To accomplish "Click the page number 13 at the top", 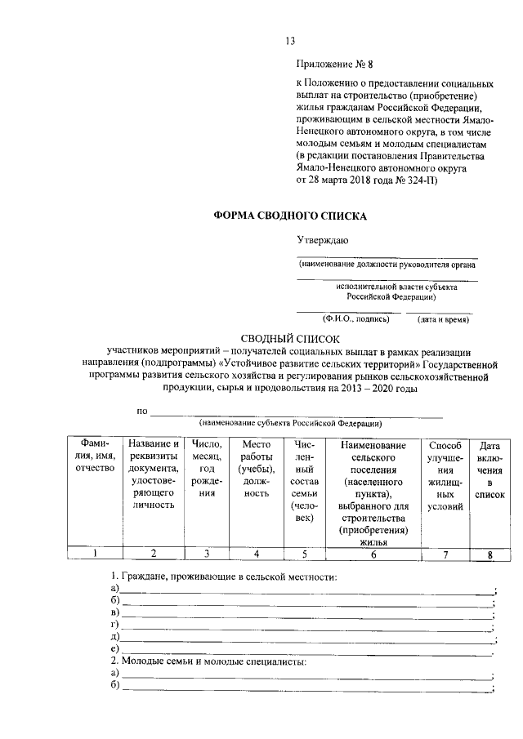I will click(289, 41).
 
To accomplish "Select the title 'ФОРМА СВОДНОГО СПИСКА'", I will click(290, 216).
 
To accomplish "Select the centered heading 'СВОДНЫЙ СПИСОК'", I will click(290, 338).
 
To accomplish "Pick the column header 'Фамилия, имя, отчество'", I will click(94, 459).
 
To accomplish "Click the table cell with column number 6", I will click(373, 554).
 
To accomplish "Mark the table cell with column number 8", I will click(489, 555).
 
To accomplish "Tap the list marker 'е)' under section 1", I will click(114, 649).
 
